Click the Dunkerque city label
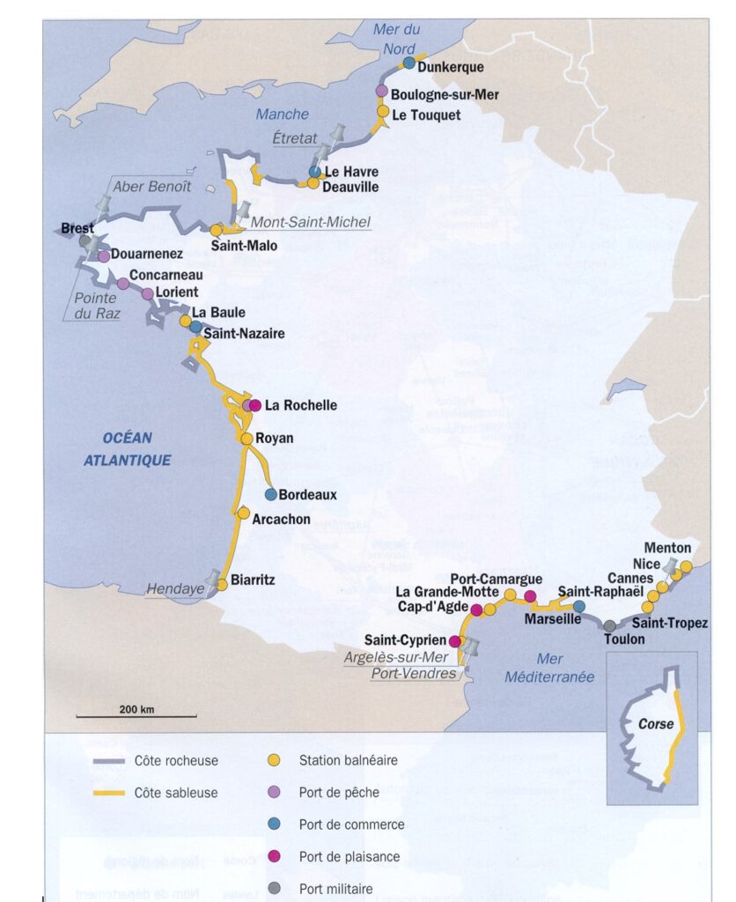tap(451, 66)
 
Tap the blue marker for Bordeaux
tap(271, 495)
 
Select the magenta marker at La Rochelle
tap(255, 406)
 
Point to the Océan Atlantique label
tap(127, 448)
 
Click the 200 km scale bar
tap(136, 715)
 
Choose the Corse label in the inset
tap(656, 724)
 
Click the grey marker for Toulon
tap(610, 625)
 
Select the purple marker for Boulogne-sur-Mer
tap(381, 91)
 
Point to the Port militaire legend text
tap(335, 889)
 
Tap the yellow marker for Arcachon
tap(243, 513)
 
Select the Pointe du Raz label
tap(94, 304)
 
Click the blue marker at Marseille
tap(579, 606)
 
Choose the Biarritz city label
tap(254, 580)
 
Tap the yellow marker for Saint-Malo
tap(217, 229)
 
